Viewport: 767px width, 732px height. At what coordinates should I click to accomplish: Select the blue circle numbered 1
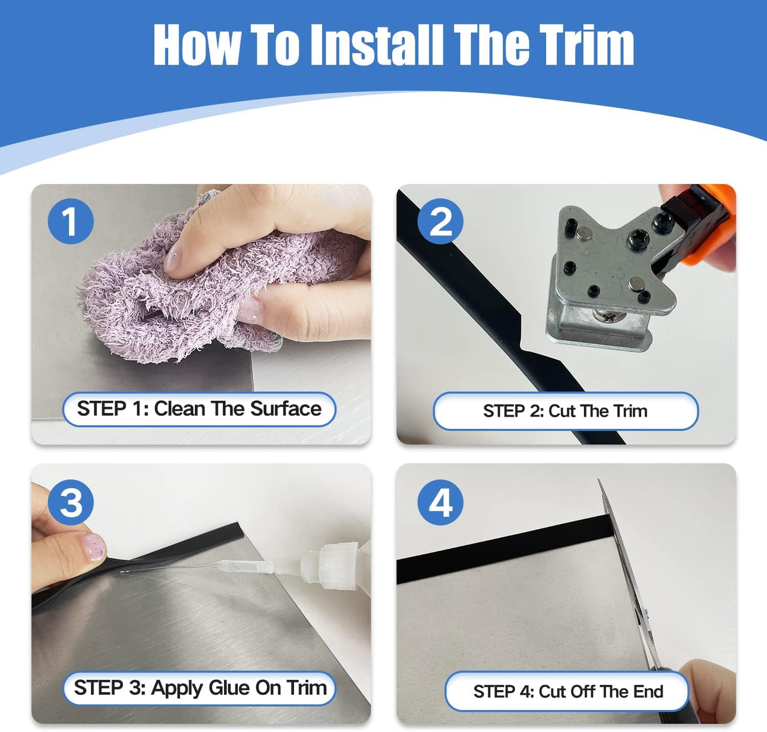coord(71,221)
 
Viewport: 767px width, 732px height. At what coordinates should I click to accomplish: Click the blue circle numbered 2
coord(440,221)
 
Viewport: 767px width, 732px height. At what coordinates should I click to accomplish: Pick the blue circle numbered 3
coord(71,502)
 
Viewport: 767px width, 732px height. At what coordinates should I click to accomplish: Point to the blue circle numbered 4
coord(440,502)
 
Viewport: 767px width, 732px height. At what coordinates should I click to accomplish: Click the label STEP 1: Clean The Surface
coord(199,409)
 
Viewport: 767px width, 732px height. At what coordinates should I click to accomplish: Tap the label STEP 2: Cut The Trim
coord(565,411)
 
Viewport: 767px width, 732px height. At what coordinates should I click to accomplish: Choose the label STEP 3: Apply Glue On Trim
coord(199,688)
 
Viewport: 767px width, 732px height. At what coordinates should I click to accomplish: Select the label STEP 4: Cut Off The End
coord(567,692)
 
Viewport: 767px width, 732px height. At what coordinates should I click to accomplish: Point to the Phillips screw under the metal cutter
coord(609,315)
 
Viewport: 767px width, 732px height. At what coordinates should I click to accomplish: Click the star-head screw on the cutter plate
coord(637,238)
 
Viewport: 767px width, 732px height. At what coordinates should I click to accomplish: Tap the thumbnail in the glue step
coord(92,548)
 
